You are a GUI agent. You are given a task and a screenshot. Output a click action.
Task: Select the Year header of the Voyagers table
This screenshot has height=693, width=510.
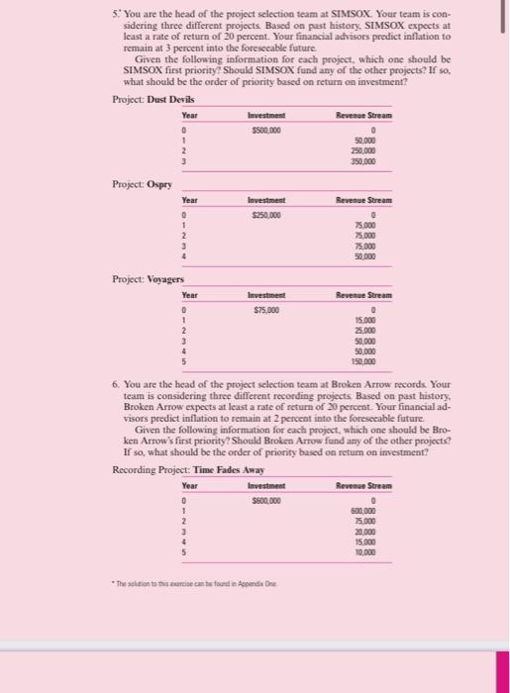(190, 295)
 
